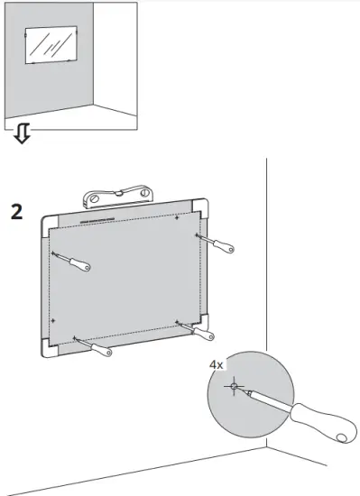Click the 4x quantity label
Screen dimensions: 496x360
pyautogui.click(x=217, y=364)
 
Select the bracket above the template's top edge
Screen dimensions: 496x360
pyautogui.click(x=122, y=194)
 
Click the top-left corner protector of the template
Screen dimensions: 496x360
pyautogui.click(x=49, y=222)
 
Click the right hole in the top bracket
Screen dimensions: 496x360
pyautogui.click(x=147, y=190)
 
